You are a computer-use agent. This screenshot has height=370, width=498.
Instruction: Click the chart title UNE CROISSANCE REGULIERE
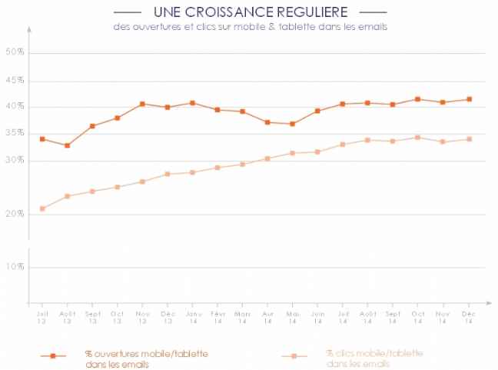[250, 12]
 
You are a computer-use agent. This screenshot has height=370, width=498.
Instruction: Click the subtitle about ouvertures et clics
[248, 27]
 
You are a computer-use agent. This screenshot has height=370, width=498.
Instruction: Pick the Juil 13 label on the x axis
[42, 317]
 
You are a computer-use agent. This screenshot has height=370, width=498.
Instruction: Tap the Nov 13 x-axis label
[142, 317]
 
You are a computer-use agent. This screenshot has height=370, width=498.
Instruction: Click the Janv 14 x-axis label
[192, 317]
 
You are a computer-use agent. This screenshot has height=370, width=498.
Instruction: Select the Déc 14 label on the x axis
[467, 317]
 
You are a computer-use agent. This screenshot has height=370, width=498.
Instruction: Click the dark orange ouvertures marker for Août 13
[68, 145]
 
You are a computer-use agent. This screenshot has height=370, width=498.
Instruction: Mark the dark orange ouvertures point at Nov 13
[142, 104]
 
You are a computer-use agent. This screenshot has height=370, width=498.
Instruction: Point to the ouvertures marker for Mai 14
[292, 124]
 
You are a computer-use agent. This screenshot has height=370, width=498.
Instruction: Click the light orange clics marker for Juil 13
[42, 208]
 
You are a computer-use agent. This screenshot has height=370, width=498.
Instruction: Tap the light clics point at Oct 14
[417, 138]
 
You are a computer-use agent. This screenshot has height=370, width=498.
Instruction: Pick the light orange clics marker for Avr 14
[267, 158]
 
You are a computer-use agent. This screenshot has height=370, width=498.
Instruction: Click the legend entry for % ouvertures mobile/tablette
[146, 358]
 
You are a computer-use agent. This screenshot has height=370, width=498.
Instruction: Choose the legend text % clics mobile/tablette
[373, 358]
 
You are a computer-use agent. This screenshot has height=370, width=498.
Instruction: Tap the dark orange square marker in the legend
[53, 356]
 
